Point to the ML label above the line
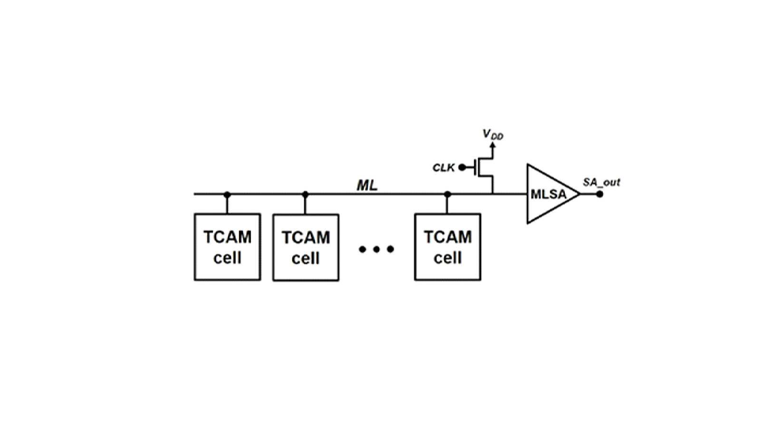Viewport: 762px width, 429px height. pos(367,185)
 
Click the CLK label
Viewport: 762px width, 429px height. pos(444,167)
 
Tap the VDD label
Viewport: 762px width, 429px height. pos(493,135)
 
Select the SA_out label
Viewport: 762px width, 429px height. pos(601,183)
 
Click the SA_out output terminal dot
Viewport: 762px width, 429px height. pos(600,194)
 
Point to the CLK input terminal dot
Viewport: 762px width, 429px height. pos(462,167)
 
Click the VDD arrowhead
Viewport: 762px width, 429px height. pos(492,145)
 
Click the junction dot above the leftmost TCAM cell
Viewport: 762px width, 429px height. pos(227,195)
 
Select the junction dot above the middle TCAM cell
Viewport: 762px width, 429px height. pos(305,195)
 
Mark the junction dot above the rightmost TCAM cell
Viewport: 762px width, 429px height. pos(448,195)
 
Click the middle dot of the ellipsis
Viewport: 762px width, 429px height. pos(376,249)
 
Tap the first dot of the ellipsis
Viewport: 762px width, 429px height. pos(362,249)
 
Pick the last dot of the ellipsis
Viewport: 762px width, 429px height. pos(391,249)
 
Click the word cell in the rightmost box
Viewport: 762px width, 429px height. pos(448,258)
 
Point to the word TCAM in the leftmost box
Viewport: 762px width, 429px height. pos(227,237)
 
